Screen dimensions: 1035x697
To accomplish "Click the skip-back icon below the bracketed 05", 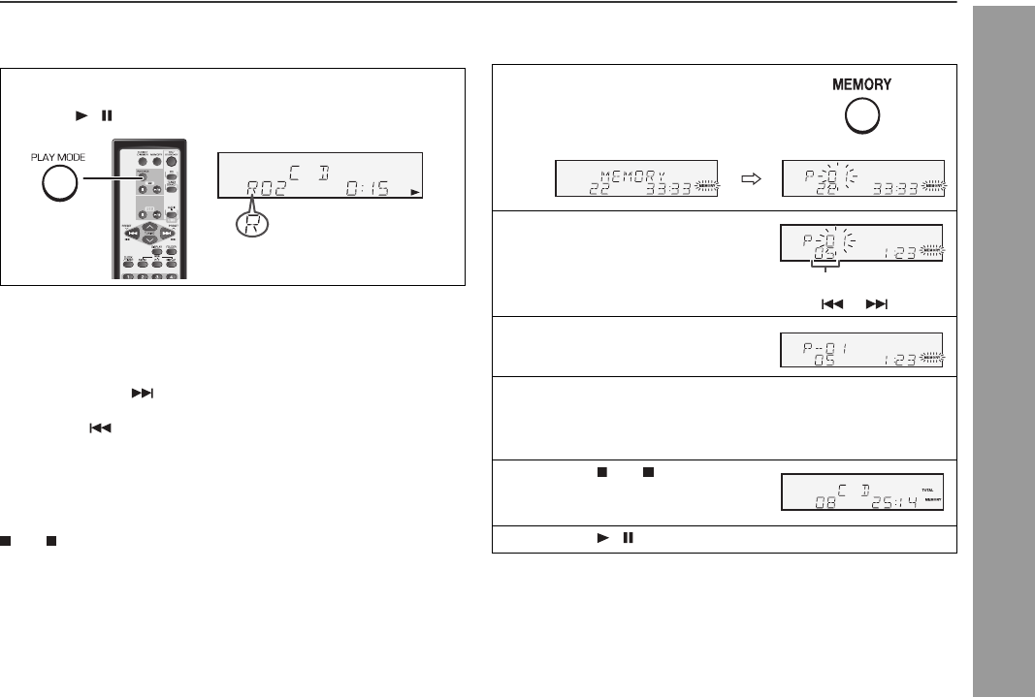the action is pos(830,303).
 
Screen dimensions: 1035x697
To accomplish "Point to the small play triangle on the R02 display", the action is pos(416,193).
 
